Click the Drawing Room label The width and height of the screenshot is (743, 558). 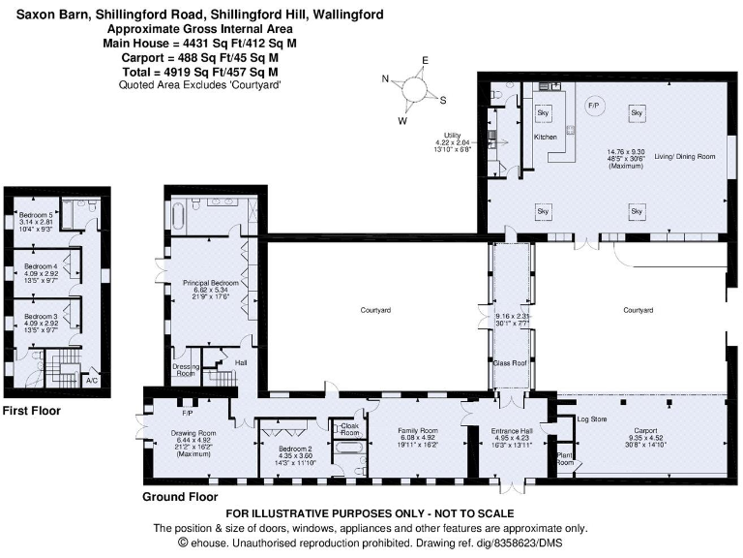pyautogui.click(x=193, y=432)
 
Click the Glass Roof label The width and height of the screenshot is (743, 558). pyautogui.click(x=508, y=362)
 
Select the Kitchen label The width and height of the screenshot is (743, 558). pyautogui.click(x=546, y=138)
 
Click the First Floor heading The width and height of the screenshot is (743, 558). pyautogui.click(x=31, y=411)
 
